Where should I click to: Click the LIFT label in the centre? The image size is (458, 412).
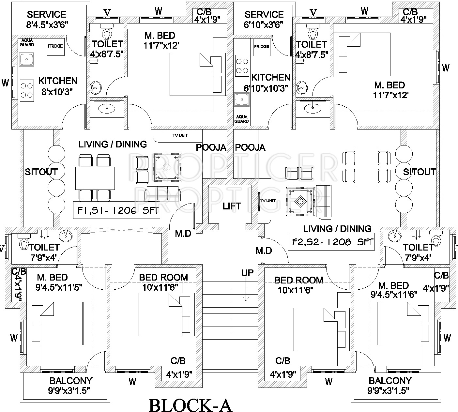(x=232, y=206)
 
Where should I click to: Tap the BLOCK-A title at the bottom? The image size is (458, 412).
(x=190, y=405)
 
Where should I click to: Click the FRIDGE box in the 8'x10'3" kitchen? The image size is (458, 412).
(x=55, y=46)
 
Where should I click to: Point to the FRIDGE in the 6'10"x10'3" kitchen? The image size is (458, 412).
(x=261, y=47)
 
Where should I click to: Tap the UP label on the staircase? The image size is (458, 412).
(x=247, y=273)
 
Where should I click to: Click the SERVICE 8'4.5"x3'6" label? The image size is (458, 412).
(x=47, y=15)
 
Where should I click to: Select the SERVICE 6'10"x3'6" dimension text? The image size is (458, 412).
(x=264, y=24)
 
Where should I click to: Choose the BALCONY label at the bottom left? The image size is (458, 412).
(x=71, y=381)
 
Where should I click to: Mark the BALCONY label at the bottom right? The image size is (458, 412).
(x=390, y=381)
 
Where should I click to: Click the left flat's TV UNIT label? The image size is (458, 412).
(x=180, y=135)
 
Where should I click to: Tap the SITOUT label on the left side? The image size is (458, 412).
(x=41, y=172)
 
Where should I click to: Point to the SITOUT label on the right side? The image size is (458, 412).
(x=419, y=172)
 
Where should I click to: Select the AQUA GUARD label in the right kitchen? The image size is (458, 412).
(x=242, y=119)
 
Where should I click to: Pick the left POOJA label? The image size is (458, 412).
(x=211, y=148)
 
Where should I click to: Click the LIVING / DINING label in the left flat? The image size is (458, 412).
(x=113, y=144)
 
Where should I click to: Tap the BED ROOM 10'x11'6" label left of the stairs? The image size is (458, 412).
(x=163, y=278)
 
